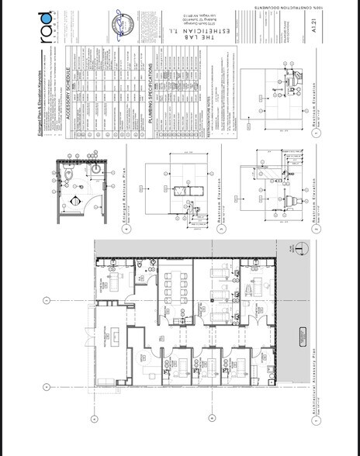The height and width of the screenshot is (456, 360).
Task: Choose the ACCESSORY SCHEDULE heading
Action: tap(70, 92)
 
